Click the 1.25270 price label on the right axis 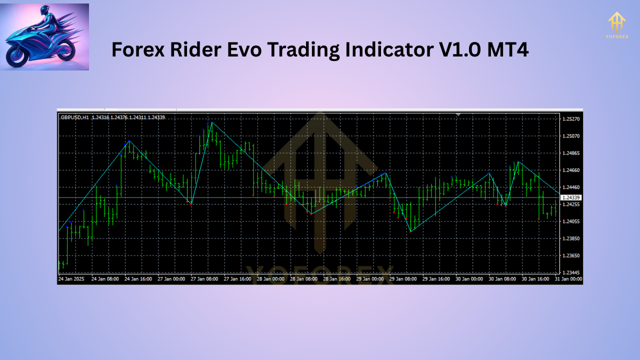pos(570,119)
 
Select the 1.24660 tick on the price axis pos(570,170)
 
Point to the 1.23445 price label pos(570,272)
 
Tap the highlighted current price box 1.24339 pos(571,198)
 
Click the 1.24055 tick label pos(570,221)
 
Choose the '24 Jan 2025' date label pos(70,279)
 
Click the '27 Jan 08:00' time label pos(204,279)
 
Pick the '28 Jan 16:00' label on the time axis pos(337,279)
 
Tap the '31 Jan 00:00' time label pos(569,279)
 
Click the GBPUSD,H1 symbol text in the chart pos(74,117)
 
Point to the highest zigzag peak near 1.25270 pos(212,122)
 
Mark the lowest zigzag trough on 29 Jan pos(410,231)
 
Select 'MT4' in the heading pos(507,50)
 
